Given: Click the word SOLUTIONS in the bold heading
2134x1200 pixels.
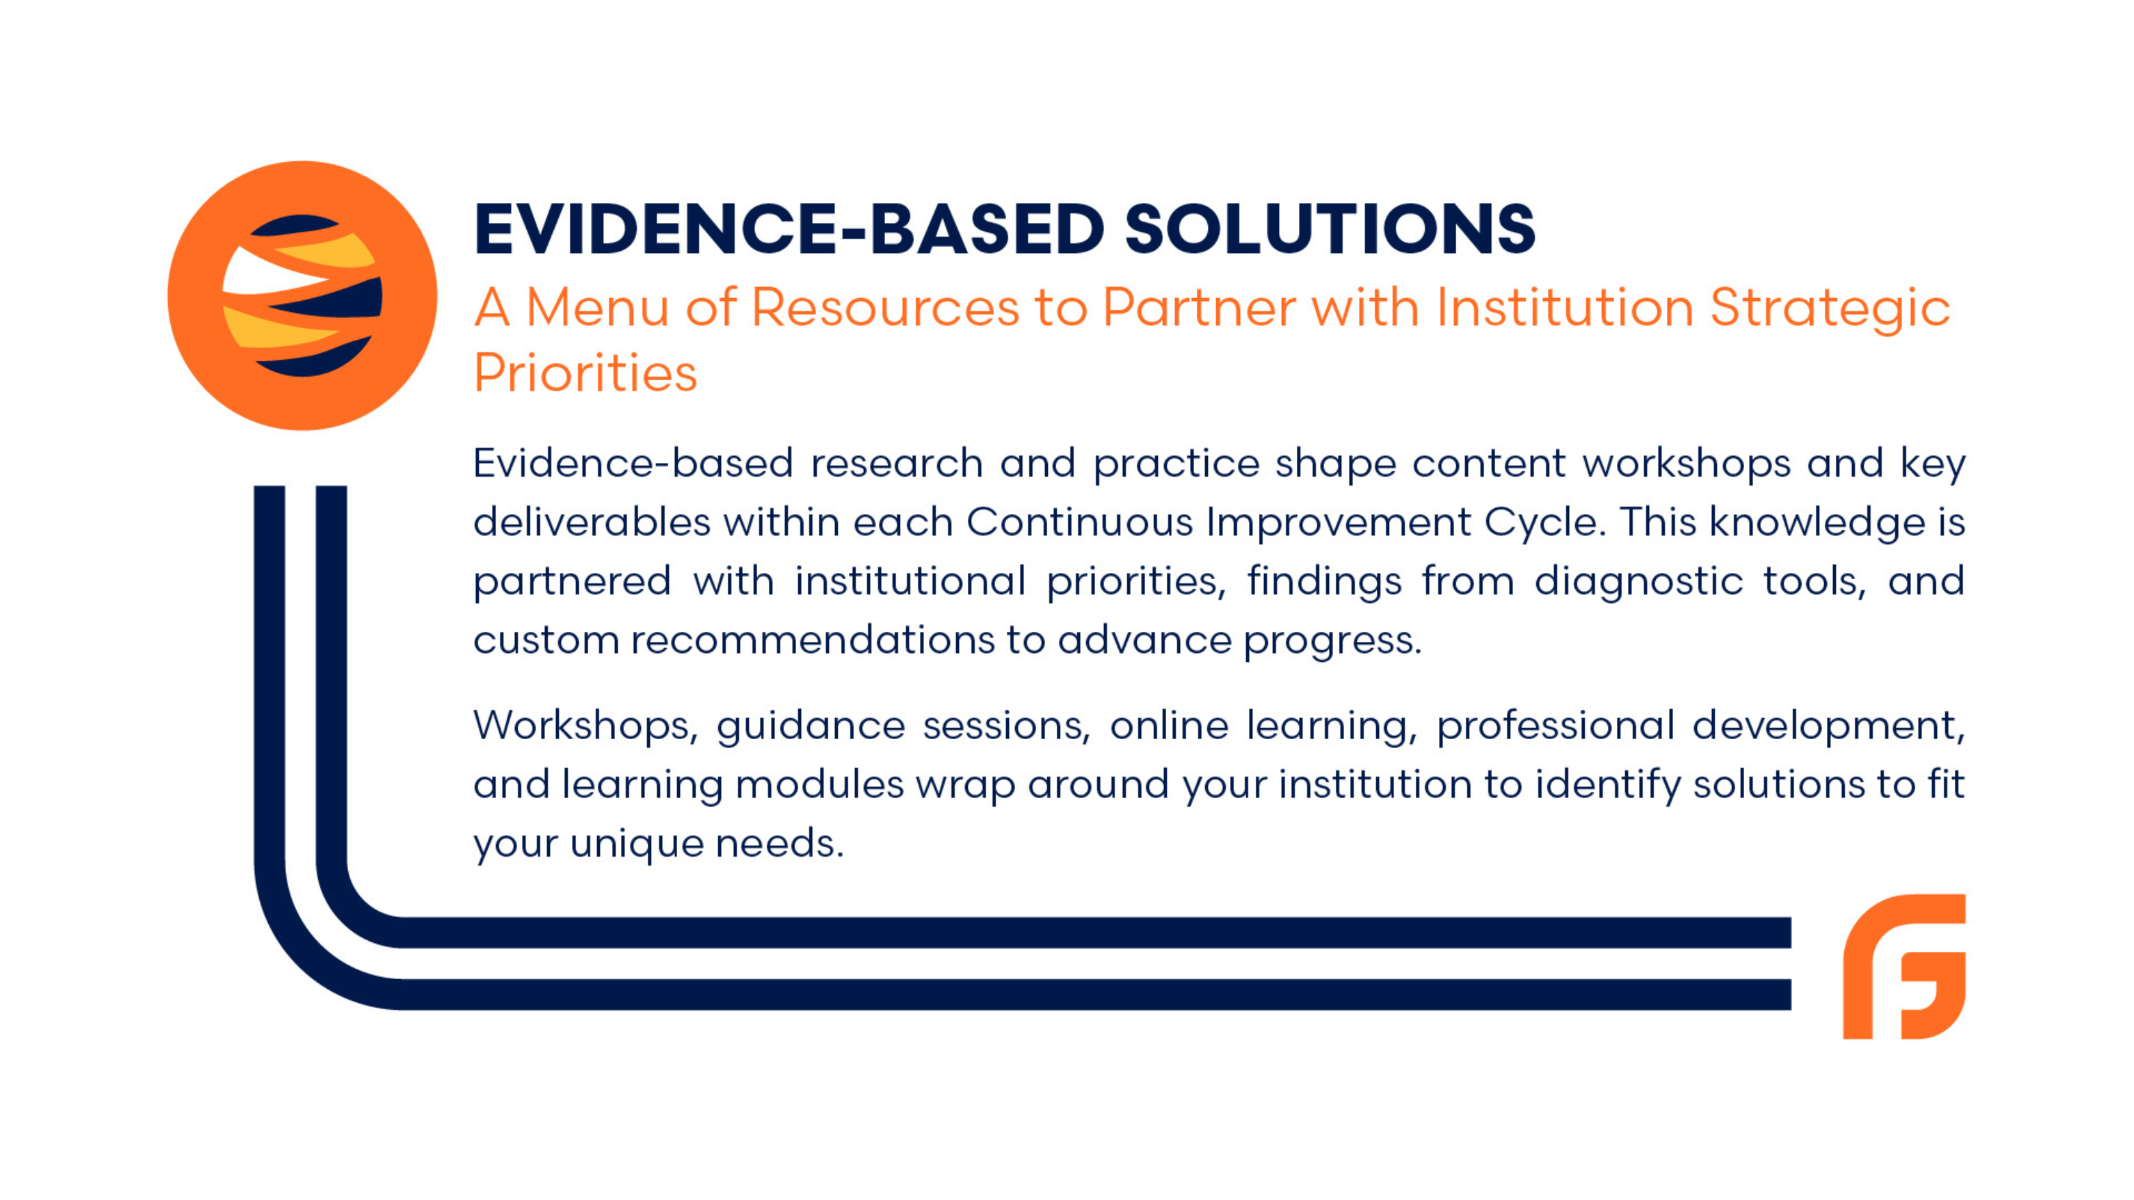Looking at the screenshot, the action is [x=1330, y=228].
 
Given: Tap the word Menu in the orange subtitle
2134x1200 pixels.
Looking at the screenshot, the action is [x=597, y=308].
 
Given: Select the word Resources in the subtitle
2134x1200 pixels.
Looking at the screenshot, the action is [x=885, y=308].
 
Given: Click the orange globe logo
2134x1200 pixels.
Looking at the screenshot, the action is [x=302, y=295].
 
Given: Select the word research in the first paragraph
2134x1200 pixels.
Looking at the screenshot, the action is [x=896, y=463].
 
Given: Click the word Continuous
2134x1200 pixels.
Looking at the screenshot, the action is [x=1079, y=522].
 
